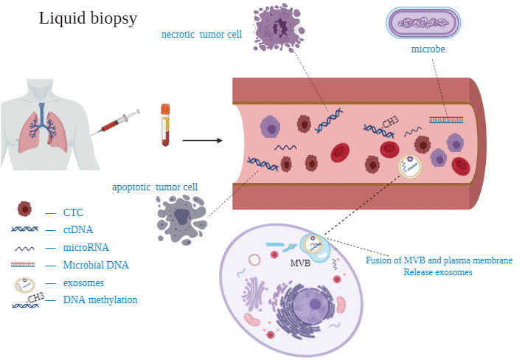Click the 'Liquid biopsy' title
click(88, 19)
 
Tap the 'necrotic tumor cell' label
click(201, 34)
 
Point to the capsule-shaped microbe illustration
click(426, 22)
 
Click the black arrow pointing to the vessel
click(202, 139)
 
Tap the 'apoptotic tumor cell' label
click(154, 187)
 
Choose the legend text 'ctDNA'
click(79, 230)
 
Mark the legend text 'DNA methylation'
click(100, 300)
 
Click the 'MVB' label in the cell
click(299, 263)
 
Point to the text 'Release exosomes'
click(438, 272)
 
